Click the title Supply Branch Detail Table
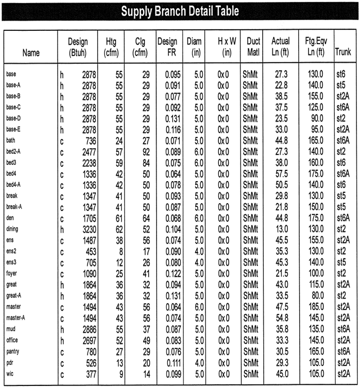(180, 11)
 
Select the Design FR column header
(167, 47)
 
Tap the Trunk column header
(343, 52)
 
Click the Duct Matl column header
(253, 47)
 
